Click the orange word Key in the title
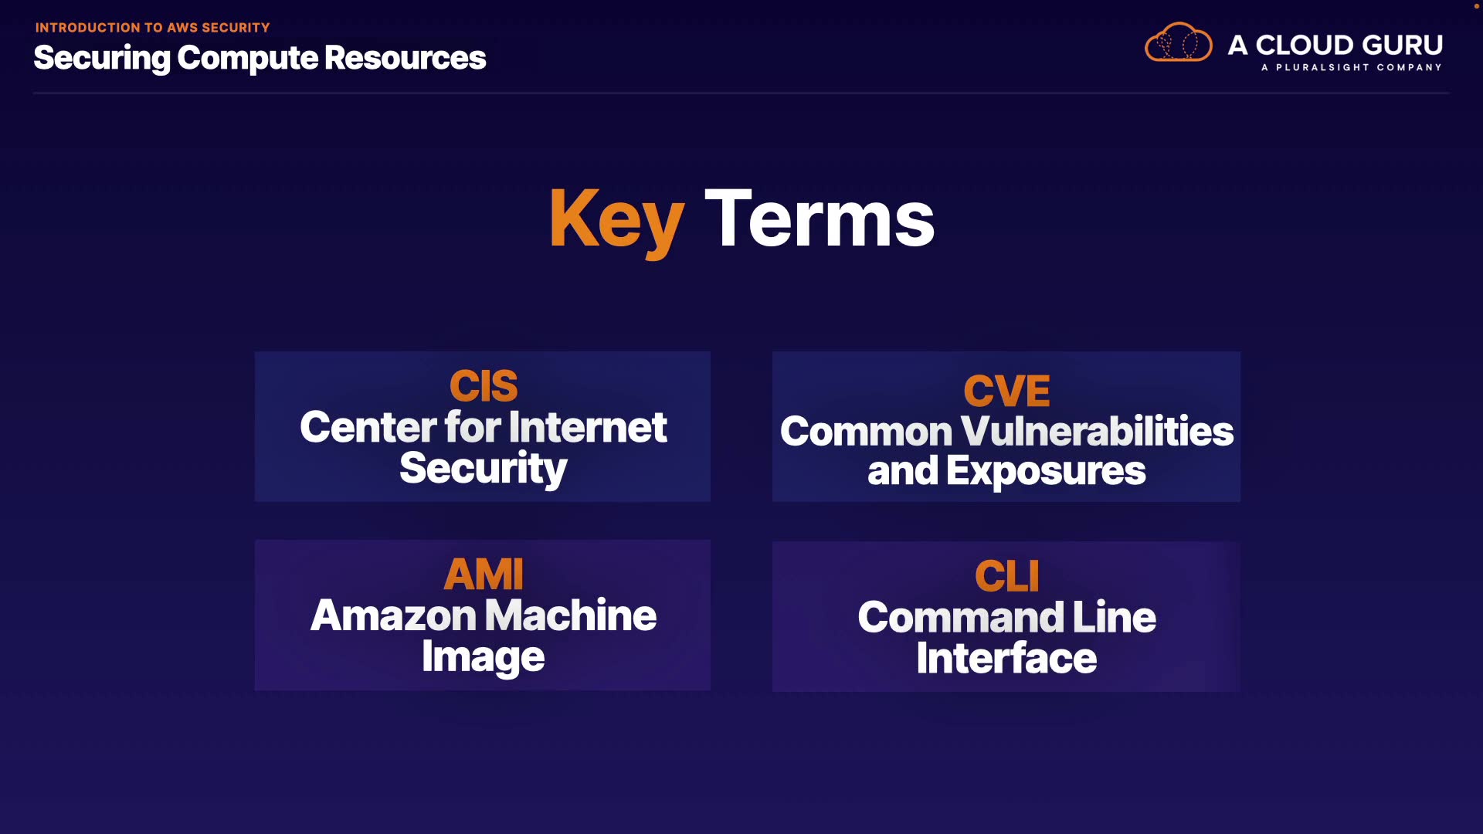click(x=616, y=221)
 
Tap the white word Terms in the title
click(x=820, y=219)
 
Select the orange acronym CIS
click(x=484, y=386)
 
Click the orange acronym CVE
click(x=1006, y=391)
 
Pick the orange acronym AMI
click(x=484, y=575)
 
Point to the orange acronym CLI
click(x=1006, y=577)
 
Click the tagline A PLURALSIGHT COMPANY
click(x=1351, y=68)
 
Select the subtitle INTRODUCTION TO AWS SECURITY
click(x=152, y=28)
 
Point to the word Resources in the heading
click(x=405, y=58)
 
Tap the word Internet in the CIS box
click(x=588, y=428)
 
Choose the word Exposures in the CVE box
click(x=1046, y=472)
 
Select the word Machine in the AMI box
click(x=570, y=615)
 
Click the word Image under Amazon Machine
click(x=484, y=658)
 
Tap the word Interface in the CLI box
click(x=1006, y=658)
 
